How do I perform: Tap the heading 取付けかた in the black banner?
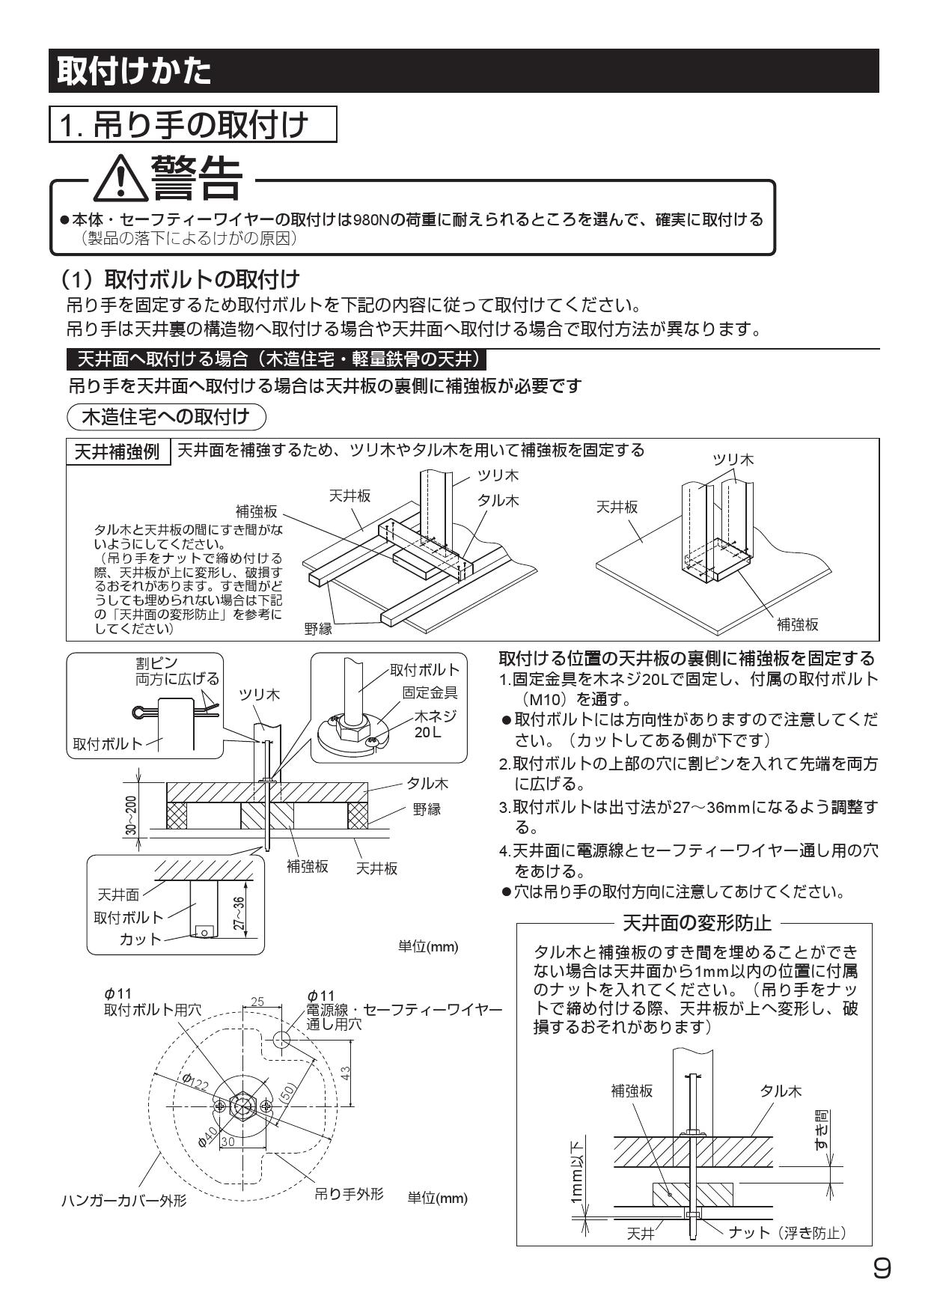click(135, 71)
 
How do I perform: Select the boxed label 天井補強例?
click(119, 452)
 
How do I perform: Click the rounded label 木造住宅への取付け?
click(166, 416)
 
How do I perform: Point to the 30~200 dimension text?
click(132, 816)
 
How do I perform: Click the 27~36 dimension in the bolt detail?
click(239, 914)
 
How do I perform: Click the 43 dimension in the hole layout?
click(346, 1072)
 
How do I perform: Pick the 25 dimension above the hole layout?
click(257, 1002)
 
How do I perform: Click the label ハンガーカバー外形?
click(123, 1201)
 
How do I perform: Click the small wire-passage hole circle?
click(281, 1040)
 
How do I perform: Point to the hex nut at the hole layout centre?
click(241, 1105)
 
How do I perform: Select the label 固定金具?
click(430, 692)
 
